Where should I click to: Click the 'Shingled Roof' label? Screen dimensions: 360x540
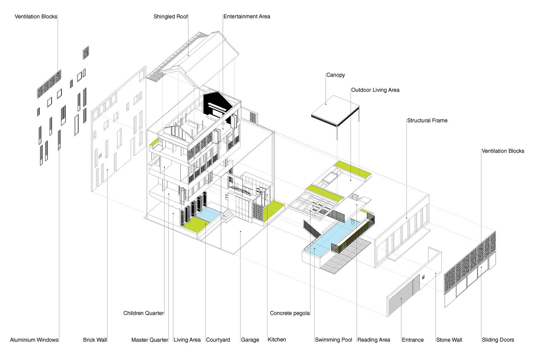point(170,17)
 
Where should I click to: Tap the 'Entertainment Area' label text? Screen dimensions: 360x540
point(247,17)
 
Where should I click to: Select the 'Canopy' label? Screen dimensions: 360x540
point(336,75)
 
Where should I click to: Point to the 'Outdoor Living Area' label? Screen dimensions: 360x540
point(375,90)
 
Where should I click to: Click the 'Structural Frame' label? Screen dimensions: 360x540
point(427,121)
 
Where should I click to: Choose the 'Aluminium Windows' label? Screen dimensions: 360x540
point(34,340)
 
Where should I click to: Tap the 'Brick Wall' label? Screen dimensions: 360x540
point(95,340)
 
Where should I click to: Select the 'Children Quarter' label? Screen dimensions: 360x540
point(143,313)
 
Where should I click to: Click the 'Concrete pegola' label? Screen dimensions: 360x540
point(290,313)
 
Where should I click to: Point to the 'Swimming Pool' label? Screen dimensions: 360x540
point(333,340)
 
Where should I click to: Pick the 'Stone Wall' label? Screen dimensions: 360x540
point(449,340)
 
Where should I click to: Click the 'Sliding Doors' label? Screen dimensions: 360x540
point(498,340)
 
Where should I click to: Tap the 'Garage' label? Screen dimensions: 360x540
point(250,340)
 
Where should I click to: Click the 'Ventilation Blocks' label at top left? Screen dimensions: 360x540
point(36,17)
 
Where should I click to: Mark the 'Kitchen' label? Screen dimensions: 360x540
point(277,339)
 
